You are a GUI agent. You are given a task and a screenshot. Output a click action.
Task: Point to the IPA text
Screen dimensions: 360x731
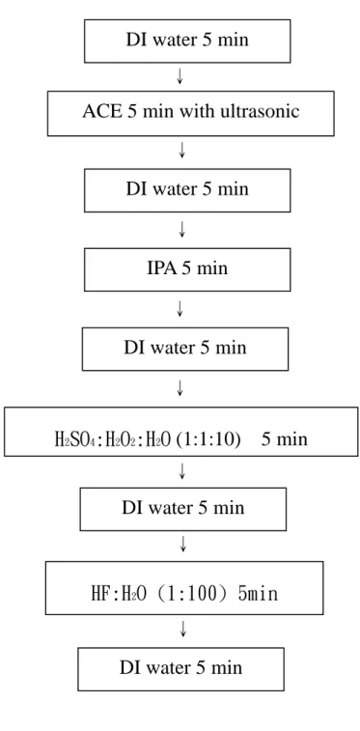(161, 268)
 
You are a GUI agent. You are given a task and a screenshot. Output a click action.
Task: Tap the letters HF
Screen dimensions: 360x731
(100, 594)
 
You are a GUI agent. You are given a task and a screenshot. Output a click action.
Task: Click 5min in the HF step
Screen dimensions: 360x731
(258, 594)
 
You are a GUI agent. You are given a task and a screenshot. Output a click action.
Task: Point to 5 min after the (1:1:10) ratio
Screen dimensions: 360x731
(284, 439)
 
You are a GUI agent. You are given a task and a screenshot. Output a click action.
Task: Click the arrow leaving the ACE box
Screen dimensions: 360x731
(182, 149)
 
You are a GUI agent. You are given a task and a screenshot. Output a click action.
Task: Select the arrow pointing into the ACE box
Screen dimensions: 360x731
(180, 76)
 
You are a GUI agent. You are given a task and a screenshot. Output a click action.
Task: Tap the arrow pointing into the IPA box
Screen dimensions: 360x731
(182, 229)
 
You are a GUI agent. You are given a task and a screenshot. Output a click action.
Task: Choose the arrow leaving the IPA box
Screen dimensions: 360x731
(180, 309)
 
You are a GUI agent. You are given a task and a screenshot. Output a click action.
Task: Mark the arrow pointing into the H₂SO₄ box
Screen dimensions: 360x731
(180, 388)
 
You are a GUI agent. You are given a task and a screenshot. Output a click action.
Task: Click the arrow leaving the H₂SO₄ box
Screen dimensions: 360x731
(182, 471)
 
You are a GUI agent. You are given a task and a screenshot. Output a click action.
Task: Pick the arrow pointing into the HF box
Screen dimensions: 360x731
(183, 544)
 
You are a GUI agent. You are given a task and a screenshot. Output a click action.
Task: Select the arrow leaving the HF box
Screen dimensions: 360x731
(183, 629)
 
